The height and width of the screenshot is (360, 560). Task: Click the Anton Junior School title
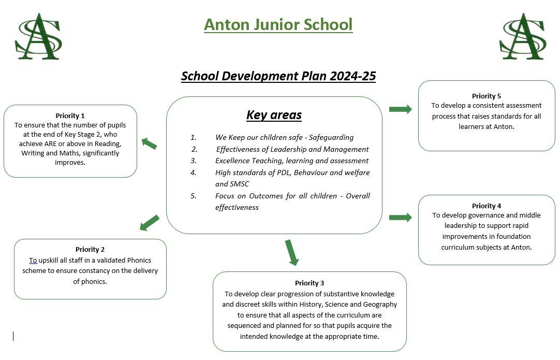pos(278,25)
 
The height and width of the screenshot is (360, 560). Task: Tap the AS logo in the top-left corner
pos(39,36)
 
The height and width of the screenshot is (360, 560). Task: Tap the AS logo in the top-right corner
pos(523,36)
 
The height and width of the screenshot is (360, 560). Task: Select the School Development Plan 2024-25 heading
pos(278,76)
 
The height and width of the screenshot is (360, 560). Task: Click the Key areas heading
pos(274,115)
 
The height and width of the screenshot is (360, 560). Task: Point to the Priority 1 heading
pos(70,116)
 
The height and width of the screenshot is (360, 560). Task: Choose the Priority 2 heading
pos(90,249)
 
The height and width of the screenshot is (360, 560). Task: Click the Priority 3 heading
pos(310,283)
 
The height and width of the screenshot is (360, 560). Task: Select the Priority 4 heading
pos(487,206)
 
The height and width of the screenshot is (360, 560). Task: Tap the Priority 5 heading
pos(487,96)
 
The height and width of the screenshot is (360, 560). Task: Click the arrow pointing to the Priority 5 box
pos(401,109)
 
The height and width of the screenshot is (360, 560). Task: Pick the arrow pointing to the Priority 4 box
pos(401,218)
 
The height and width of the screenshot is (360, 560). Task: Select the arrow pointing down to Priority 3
pos(291,252)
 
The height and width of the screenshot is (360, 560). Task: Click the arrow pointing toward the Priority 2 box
pos(149,223)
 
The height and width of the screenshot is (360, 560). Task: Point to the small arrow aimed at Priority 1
pos(149,143)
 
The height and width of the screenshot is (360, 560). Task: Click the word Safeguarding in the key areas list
pos(331,137)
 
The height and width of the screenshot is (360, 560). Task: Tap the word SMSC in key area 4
pos(240,184)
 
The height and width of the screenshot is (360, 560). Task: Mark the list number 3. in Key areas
pos(194,161)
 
